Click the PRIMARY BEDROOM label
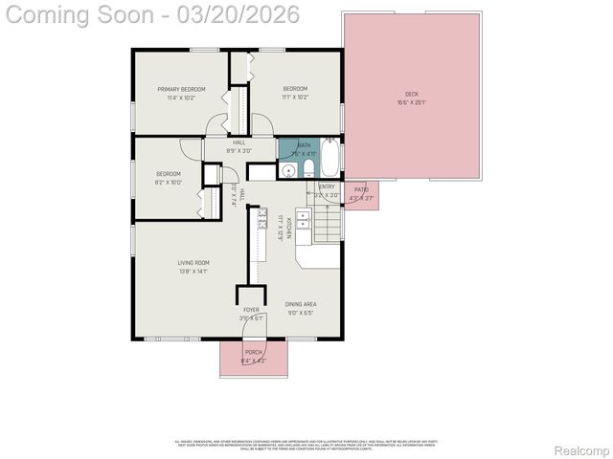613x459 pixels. (181, 90)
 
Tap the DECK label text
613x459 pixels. (411, 94)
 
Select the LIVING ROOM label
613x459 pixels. (193, 263)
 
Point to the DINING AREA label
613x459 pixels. (300, 304)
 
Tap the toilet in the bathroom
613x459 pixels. (308, 169)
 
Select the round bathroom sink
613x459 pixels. (287, 171)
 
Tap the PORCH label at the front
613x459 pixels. (254, 352)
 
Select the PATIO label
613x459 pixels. (361, 189)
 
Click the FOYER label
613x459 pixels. (251, 310)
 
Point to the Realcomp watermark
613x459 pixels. (581, 450)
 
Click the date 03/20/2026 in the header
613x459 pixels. (241, 14)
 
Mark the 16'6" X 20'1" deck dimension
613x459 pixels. (411, 102)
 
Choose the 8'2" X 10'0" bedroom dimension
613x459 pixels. (169, 182)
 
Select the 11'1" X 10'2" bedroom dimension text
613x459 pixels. (296, 98)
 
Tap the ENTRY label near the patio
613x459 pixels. (327, 186)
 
